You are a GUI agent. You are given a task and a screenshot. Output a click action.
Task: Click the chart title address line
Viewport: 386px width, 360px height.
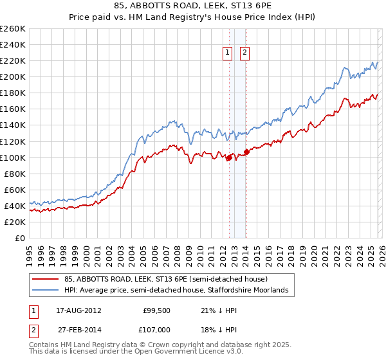[193, 7]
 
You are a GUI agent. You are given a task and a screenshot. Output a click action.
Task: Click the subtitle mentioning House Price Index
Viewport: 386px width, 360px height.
[193, 18]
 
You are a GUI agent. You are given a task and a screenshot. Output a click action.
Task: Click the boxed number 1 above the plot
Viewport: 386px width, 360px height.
[228, 53]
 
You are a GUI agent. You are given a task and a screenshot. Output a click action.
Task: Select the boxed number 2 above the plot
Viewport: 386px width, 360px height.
[245, 53]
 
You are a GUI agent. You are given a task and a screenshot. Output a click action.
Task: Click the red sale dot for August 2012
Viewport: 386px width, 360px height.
[229, 157]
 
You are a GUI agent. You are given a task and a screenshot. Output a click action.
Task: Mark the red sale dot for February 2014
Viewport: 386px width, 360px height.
[246, 152]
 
